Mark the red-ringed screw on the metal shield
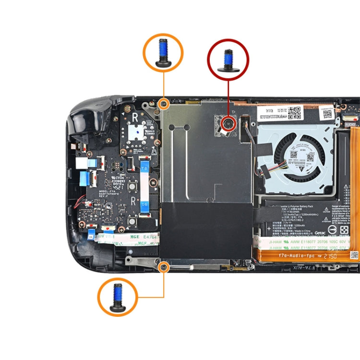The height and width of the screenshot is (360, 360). tap(228, 124)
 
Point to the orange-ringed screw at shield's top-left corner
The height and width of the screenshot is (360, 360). tap(164, 103)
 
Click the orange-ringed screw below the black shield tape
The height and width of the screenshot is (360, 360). tap(164, 265)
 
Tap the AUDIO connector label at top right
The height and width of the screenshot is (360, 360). tap(351, 124)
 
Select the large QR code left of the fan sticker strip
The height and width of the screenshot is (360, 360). tap(295, 112)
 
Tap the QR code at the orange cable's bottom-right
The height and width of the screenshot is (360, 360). tap(354, 255)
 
